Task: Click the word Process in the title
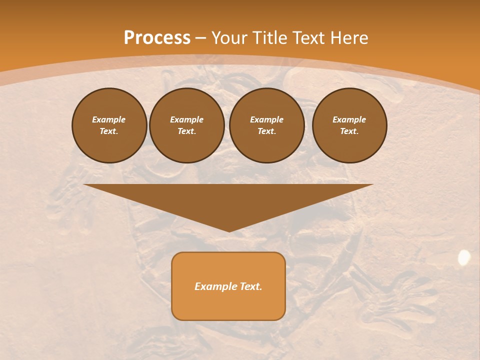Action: [x=157, y=38]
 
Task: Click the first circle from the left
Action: [x=109, y=125]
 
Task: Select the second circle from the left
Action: [x=186, y=125]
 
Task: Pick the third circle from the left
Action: [x=266, y=125]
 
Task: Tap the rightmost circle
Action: [x=349, y=125]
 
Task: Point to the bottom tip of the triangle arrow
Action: [x=228, y=231]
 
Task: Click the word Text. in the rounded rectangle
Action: [x=250, y=286]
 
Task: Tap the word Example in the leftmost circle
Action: [x=109, y=119]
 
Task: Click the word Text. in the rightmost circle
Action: [x=349, y=131]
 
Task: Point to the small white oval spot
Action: [x=464, y=257]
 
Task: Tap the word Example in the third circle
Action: [x=266, y=119]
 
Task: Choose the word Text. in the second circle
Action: [x=186, y=131]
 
